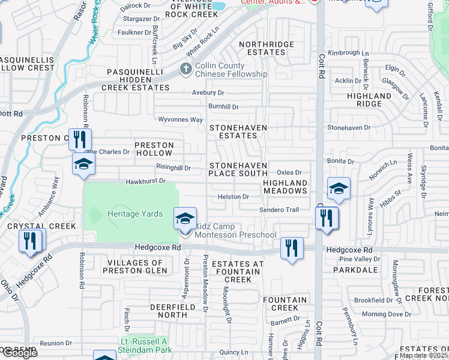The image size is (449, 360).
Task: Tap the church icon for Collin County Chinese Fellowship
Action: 186,70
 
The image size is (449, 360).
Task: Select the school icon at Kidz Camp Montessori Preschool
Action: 184,218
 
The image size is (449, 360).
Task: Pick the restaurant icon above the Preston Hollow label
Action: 79,140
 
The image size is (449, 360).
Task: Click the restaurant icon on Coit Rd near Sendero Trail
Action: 327,217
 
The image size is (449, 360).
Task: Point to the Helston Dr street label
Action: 234,196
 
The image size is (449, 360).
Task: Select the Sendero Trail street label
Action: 279,210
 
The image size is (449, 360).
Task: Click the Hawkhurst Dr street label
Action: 145,181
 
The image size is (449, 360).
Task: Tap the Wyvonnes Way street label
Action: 180,119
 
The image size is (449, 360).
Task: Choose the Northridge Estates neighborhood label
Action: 267,48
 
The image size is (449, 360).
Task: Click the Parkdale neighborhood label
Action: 358,270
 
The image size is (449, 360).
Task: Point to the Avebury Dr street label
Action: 208,93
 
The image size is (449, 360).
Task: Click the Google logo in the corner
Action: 19,353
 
